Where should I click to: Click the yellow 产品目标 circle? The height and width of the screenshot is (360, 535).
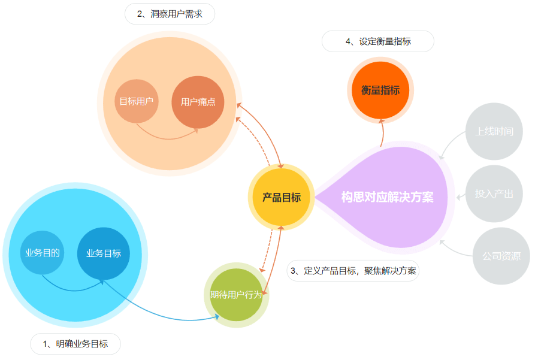coord(281,197)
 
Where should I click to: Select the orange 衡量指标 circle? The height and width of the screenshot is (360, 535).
coord(380,90)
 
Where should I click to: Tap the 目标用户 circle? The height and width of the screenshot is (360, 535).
coord(136,101)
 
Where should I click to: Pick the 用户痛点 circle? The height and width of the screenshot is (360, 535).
coord(198,102)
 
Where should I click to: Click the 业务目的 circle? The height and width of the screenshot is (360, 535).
coord(43,253)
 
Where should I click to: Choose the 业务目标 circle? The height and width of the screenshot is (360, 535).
coord(104,253)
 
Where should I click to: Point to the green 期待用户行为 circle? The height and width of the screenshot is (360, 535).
coord(236,295)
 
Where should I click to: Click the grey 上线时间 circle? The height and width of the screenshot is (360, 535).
coord(494,131)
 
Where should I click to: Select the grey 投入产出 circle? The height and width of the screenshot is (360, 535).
coord(494,193)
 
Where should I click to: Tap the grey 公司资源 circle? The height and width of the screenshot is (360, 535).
coord(501,256)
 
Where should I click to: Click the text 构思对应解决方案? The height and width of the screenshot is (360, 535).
coord(387,197)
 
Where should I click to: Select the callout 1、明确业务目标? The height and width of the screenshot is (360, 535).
coord(75,344)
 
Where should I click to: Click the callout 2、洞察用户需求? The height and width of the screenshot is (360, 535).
coord(170,14)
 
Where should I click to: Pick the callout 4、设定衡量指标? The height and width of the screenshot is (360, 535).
coord(378,41)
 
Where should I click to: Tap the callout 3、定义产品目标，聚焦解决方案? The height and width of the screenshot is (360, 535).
coord(353,270)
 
